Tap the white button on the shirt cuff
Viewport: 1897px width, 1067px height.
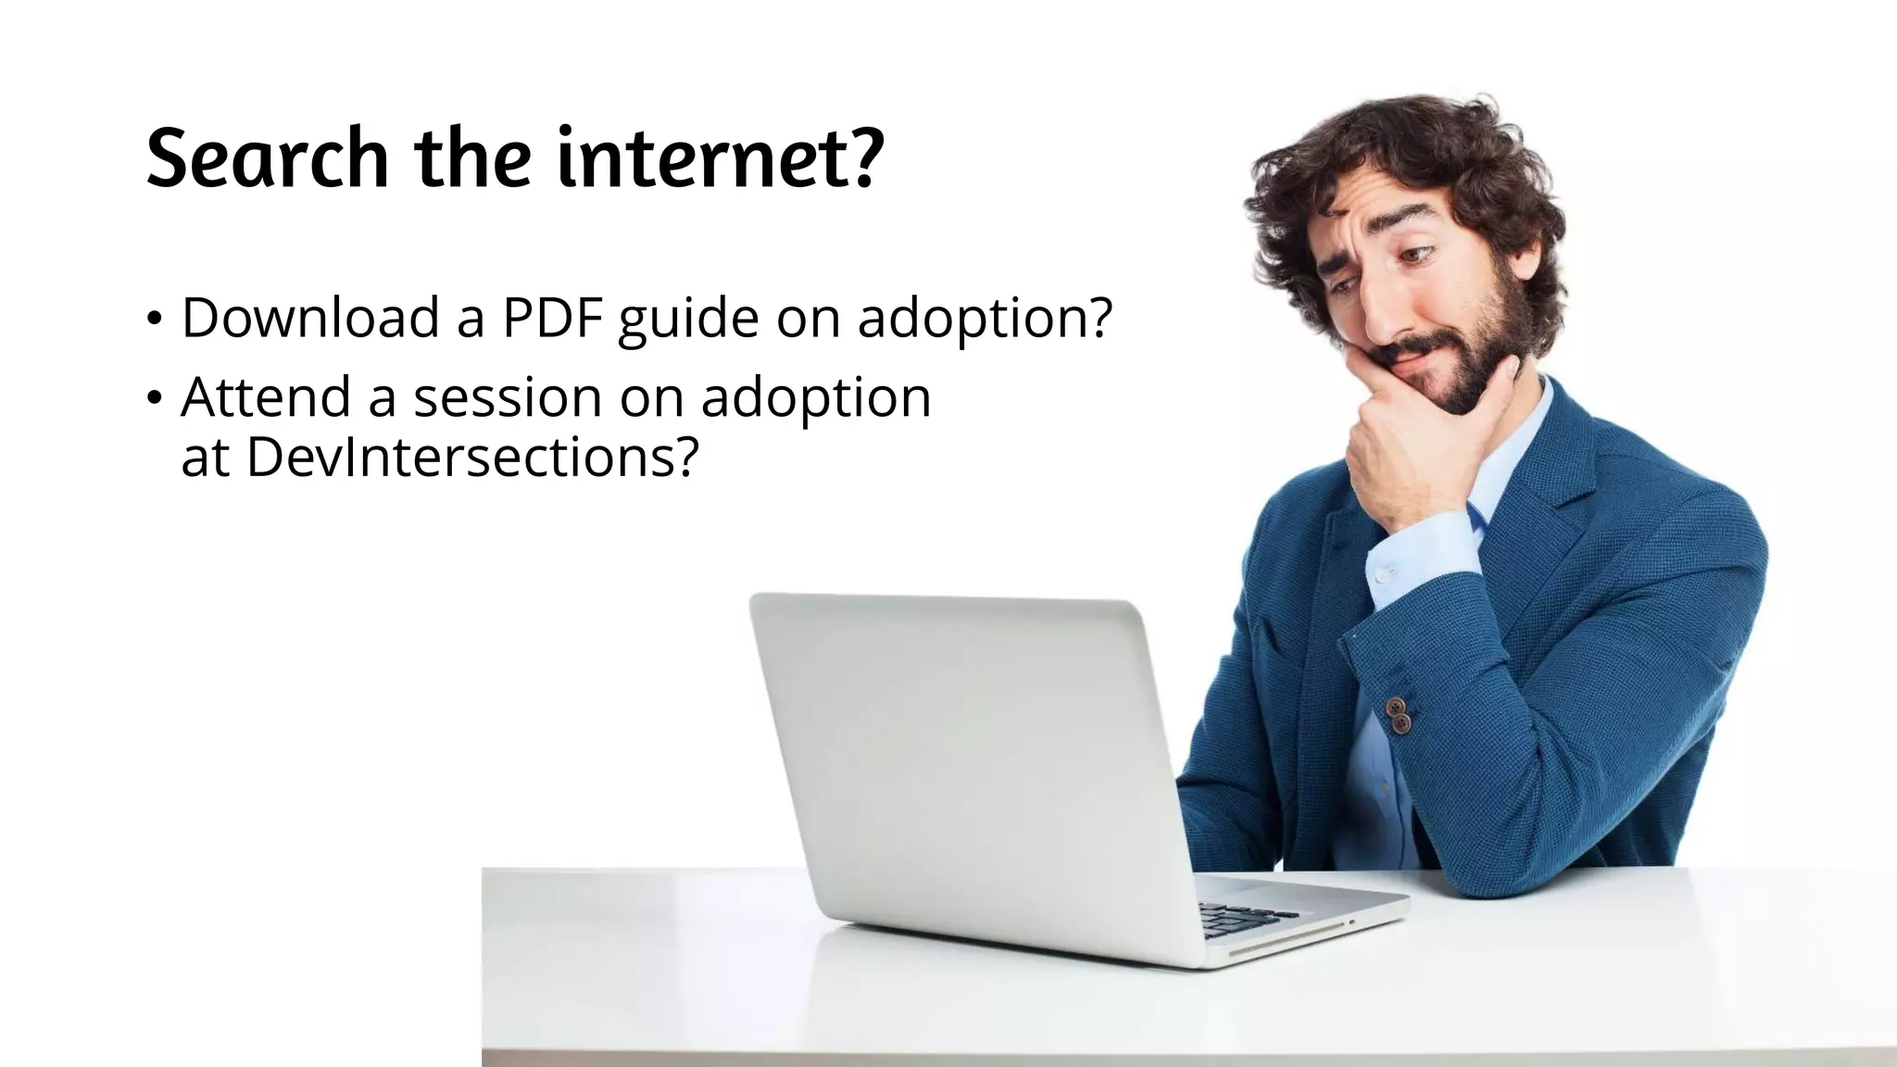1383,575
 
